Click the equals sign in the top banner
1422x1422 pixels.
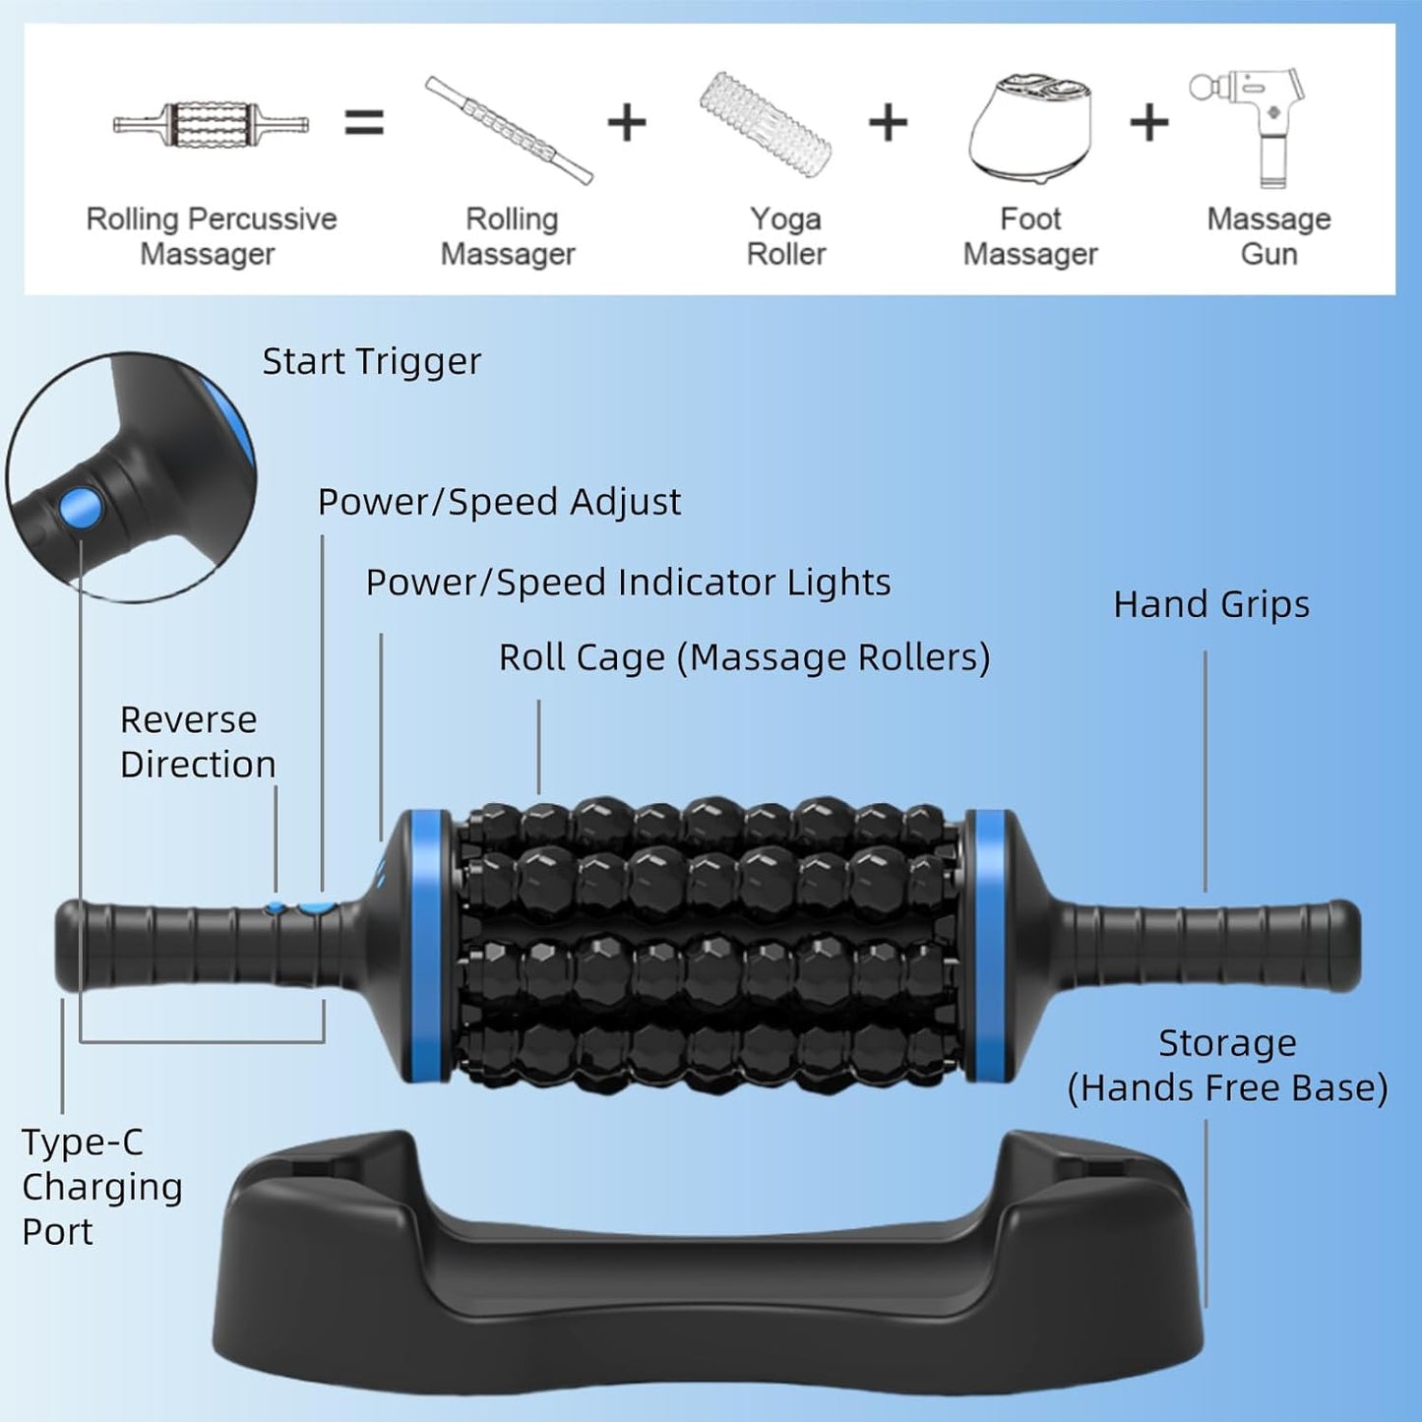[x=363, y=123]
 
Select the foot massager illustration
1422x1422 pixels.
[x=1030, y=128]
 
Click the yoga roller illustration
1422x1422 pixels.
[x=766, y=124]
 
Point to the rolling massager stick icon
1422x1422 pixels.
[x=509, y=129]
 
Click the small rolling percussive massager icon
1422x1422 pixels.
[x=211, y=124]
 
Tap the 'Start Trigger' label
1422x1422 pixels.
[x=371, y=362]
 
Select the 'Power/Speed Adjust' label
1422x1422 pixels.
[x=498, y=502]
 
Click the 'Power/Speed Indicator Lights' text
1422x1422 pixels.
[x=628, y=583]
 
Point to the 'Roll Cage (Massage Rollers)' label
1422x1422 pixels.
[x=744, y=657]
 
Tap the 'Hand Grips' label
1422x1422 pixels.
[x=1211, y=604]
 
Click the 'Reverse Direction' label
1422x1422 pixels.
[x=197, y=742]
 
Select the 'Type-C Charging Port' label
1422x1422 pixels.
[x=101, y=1187]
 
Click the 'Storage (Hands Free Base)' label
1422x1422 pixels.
[x=1227, y=1066]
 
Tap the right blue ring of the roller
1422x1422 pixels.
[x=988, y=946]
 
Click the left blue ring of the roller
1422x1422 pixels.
[x=430, y=946]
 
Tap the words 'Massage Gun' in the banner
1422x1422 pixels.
[x=1268, y=236]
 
